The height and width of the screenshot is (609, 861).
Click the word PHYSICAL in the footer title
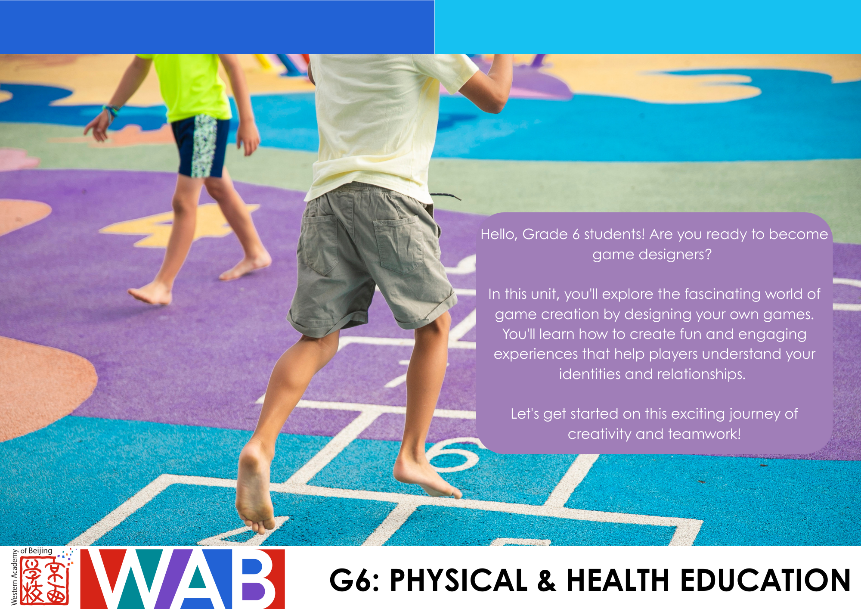458,580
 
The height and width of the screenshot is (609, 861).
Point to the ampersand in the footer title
547,580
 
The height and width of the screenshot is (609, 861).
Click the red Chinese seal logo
44,580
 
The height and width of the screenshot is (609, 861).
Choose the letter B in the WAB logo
257,578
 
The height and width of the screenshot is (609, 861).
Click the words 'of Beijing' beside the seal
36,551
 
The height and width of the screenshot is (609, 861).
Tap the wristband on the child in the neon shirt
111,111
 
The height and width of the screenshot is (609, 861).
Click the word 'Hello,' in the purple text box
499,234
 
